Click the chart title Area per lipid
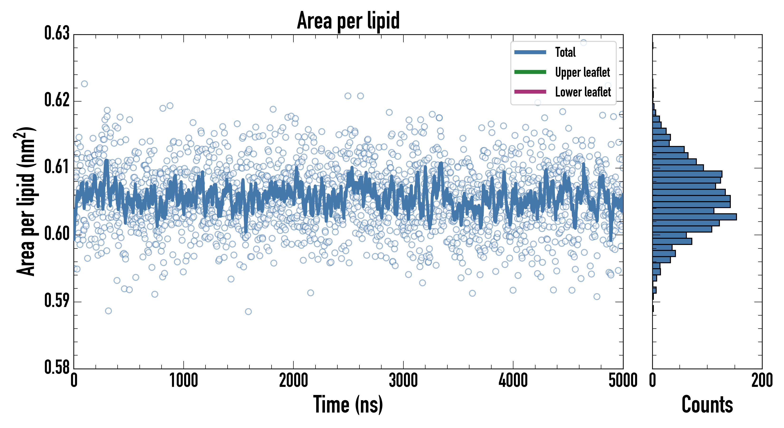click(348, 21)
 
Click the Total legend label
click(565, 52)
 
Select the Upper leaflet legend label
click(582, 72)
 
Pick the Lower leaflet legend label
click(583, 92)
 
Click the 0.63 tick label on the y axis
click(57, 33)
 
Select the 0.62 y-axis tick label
click(57, 100)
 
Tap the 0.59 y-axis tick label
click(57, 301)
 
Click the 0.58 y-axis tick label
click(57, 367)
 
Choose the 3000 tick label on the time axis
click(403, 381)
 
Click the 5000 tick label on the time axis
click(623, 381)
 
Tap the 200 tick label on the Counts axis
click(762, 381)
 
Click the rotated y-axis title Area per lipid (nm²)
click(26, 201)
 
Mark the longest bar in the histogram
click(694, 217)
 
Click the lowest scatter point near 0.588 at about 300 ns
click(108, 311)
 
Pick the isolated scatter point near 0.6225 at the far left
click(84, 84)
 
